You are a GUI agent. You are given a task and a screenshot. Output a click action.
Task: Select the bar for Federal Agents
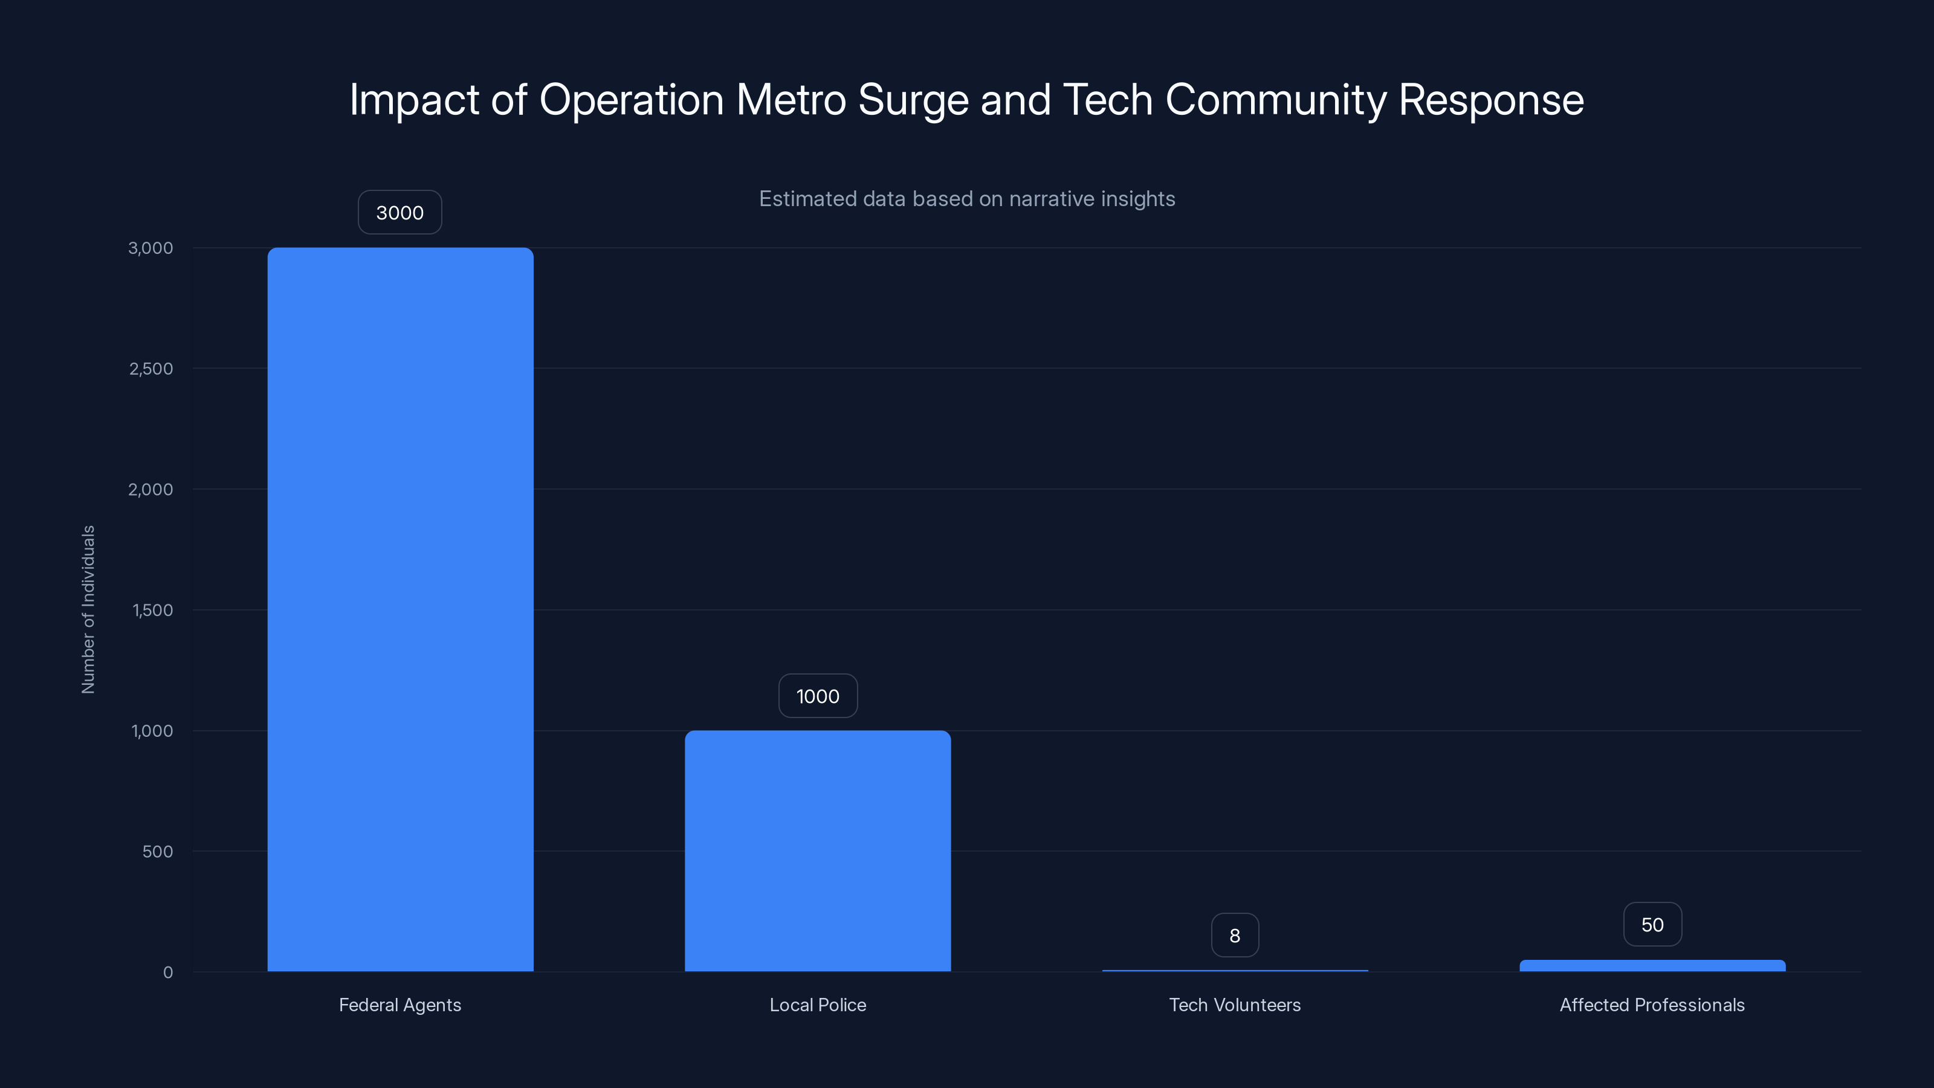click(400, 608)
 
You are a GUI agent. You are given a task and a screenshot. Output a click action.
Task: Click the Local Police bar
click(818, 850)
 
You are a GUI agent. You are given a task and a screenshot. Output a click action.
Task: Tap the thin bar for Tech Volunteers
click(1234, 970)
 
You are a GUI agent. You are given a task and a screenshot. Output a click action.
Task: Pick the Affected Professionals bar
click(1652, 966)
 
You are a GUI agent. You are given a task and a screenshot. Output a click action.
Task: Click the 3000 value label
click(399, 213)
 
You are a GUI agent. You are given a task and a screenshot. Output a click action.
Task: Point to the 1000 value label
click(818, 696)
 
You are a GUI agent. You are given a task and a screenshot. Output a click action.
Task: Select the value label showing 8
click(1234, 936)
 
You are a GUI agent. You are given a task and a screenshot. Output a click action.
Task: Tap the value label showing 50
click(1652, 924)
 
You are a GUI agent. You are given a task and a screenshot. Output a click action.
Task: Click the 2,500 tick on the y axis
click(151, 369)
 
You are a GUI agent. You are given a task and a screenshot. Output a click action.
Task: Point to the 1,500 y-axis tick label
click(152, 610)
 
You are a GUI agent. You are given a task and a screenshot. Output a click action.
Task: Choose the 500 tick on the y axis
click(157, 852)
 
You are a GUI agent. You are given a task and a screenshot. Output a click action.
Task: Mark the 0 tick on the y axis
click(167, 973)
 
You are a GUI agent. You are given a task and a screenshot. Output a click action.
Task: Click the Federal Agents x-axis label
click(399, 1005)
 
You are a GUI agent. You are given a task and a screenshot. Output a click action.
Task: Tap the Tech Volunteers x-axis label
click(1234, 1005)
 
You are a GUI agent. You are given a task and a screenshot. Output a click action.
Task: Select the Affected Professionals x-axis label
click(1652, 1005)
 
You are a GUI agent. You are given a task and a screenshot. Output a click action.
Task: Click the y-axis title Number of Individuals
click(88, 609)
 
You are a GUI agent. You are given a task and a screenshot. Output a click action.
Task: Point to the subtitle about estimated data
click(967, 198)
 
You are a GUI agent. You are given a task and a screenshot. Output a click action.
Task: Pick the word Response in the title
click(1491, 100)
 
